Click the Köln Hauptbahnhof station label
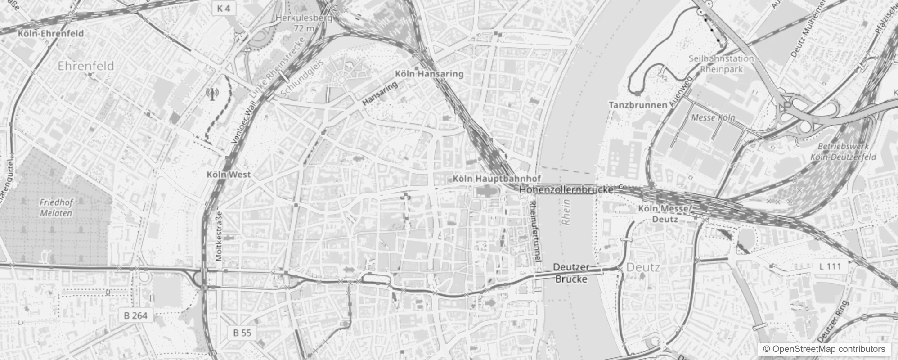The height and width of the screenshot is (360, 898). (497, 179)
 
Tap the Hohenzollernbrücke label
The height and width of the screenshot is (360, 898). (566, 190)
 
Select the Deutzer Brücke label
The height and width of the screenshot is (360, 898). (571, 273)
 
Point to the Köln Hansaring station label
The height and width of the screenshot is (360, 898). (429, 74)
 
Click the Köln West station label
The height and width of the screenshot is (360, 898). (229, 175)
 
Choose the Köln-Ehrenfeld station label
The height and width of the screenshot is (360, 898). (51, 33)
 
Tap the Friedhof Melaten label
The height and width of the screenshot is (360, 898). (56, 208)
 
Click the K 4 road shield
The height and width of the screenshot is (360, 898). (224, 8)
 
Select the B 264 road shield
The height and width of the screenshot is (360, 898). (135, 315)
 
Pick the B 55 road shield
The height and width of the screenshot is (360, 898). (242, 333)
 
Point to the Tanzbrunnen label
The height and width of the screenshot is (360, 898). (638, 105)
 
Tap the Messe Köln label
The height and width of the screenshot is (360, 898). (713, 117)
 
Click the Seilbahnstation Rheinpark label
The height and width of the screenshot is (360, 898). (721, 64)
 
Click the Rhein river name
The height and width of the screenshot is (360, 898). (566, 212)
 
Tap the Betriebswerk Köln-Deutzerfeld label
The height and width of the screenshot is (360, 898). (843, 152)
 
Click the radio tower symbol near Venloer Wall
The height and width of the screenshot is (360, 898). (211, 94)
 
